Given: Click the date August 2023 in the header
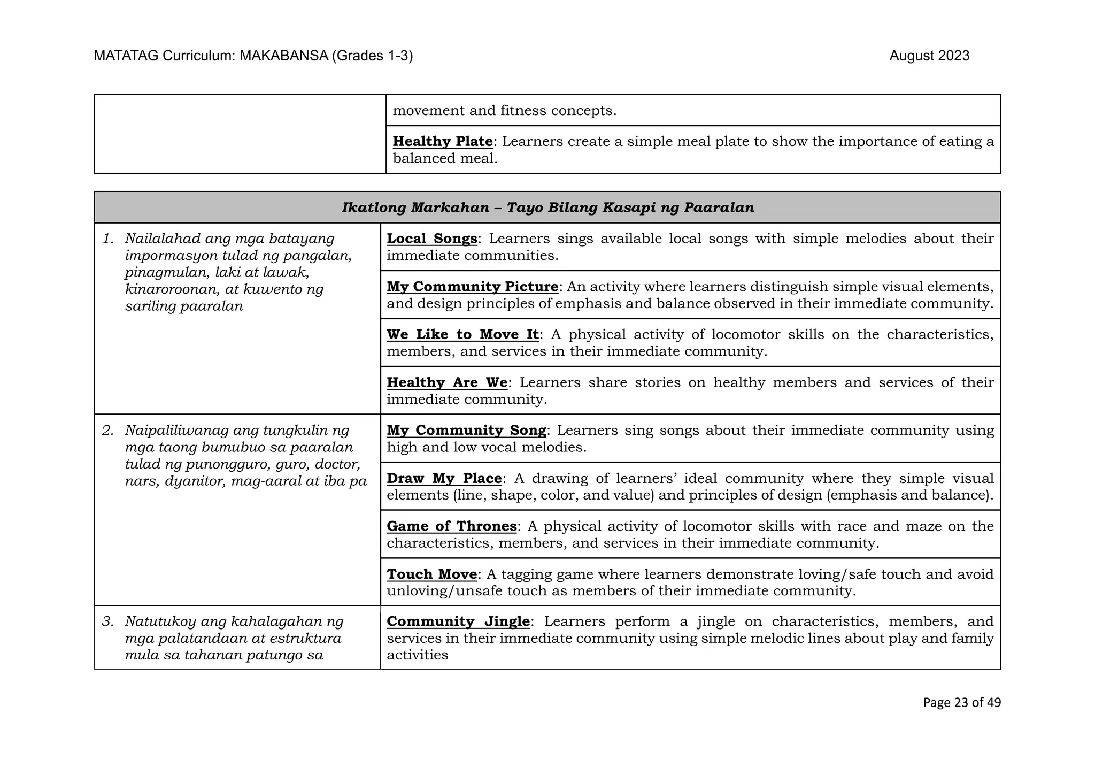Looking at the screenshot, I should pyautogui.click(x=929, y=56).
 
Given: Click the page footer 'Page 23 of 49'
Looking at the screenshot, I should pyautogui.click(x=961, y=702).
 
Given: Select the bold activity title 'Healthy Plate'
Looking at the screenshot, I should pyautogui.click(x=442, y=141).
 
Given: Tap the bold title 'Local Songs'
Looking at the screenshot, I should pyautogui.click(x=431, y=239).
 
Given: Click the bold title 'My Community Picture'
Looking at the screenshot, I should pyautogui.click(x=472, y=287).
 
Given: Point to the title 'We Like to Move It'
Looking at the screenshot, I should pyautogui.click(x=462, y=334).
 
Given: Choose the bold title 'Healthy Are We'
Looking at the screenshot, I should pyautogui.click(x=447, y=382).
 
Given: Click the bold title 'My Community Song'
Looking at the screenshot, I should pyautogui.click(x=466, y=430).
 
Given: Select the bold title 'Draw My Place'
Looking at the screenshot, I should pyautogui.click(x=444, y=478).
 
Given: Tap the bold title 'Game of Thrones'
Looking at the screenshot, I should pyautogui.click(x=451, y=526).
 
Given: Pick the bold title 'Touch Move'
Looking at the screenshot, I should pyautogui.click(x=431, y=574).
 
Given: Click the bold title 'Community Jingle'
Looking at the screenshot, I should pyautogui.click(x=458, y=621).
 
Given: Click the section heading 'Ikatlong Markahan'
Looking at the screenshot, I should pyautogui.click(x=415, y=208).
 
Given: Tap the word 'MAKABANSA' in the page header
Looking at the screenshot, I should pyautogui.click(x=283, y=56).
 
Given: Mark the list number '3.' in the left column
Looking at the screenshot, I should pyautogui.click(x=108, y=621).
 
